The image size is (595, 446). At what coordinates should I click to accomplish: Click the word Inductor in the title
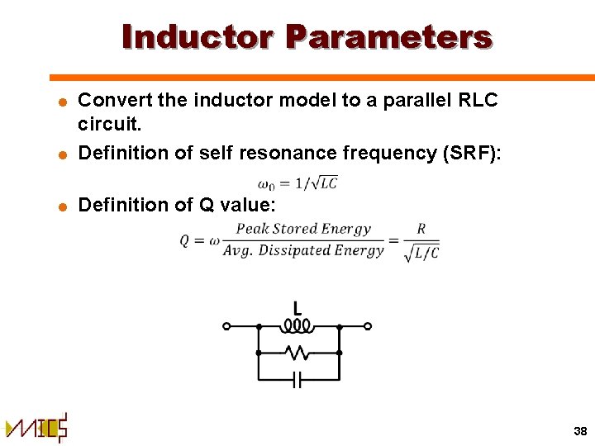[198, 37]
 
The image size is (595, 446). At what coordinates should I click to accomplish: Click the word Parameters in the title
[388, 37]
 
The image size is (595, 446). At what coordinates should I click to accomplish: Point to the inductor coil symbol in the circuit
[297, 325]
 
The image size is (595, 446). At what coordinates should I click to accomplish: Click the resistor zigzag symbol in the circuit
[297, 353]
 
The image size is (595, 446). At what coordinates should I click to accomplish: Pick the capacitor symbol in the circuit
[298, 380]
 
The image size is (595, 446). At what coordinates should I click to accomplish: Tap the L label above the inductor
[297, 308]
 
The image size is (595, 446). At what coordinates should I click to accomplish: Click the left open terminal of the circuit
[227, 326]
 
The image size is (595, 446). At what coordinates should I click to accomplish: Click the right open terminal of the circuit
[368, 326]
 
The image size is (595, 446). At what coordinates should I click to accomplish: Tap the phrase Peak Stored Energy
[303, 229]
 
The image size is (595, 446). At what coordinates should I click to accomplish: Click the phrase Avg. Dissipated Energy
[303, 250]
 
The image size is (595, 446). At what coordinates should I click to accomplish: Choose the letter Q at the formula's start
[187, 240]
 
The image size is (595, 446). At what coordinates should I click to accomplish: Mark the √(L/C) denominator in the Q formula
[421, 252]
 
